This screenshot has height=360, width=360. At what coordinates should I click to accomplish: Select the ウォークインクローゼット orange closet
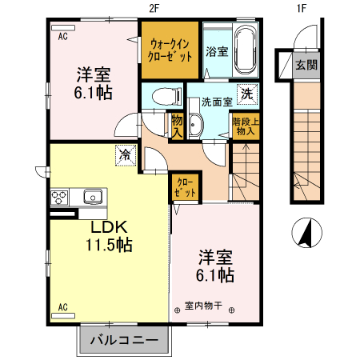pos(170,50)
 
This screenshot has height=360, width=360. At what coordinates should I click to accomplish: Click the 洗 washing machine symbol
pos(248,93)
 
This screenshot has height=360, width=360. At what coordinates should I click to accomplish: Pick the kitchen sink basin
pos(91,195)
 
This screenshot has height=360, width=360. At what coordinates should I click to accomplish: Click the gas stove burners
pos(61,195)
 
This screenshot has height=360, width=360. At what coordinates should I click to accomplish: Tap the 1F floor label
pos(302,8)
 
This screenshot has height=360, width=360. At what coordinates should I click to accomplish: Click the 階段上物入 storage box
pos(243,128)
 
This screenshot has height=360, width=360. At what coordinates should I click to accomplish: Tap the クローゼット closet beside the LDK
pos(183,189)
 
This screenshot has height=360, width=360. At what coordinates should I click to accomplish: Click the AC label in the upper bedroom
pos(62,36)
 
